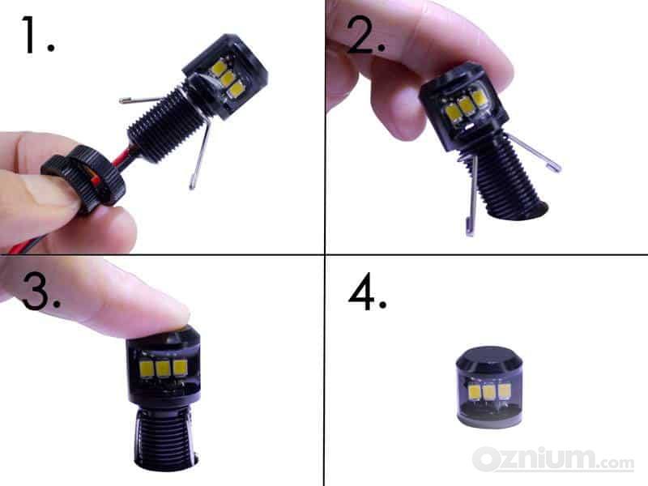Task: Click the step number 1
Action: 37,35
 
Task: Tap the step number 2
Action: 366,35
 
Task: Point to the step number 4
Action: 368,292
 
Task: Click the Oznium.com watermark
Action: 553,459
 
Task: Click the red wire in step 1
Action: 123,160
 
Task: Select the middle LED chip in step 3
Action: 163,369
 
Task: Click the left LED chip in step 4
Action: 475,392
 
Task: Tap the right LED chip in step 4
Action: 505,391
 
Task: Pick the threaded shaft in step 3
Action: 164,438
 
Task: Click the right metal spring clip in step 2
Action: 534,152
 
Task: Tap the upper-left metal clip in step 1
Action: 142,99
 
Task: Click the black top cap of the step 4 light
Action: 488,360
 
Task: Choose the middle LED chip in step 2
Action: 467,105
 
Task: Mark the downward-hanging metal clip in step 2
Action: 472,195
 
